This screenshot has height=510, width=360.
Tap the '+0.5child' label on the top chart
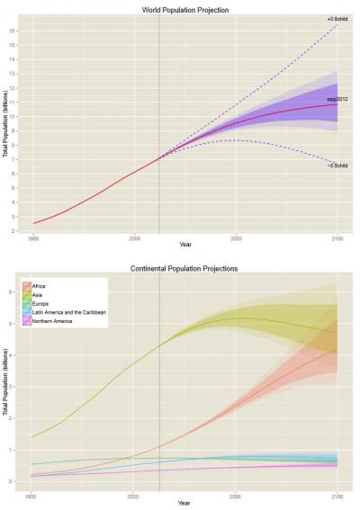pyautogui.click(x=337, y=20)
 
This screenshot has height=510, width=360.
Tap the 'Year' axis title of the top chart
pyautogui.click(x=185, y=246)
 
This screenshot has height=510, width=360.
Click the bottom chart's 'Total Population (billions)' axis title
pyautogui.click(x=6, y=382)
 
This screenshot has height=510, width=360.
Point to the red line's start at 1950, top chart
pyautogui.click(x=34, y=223)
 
